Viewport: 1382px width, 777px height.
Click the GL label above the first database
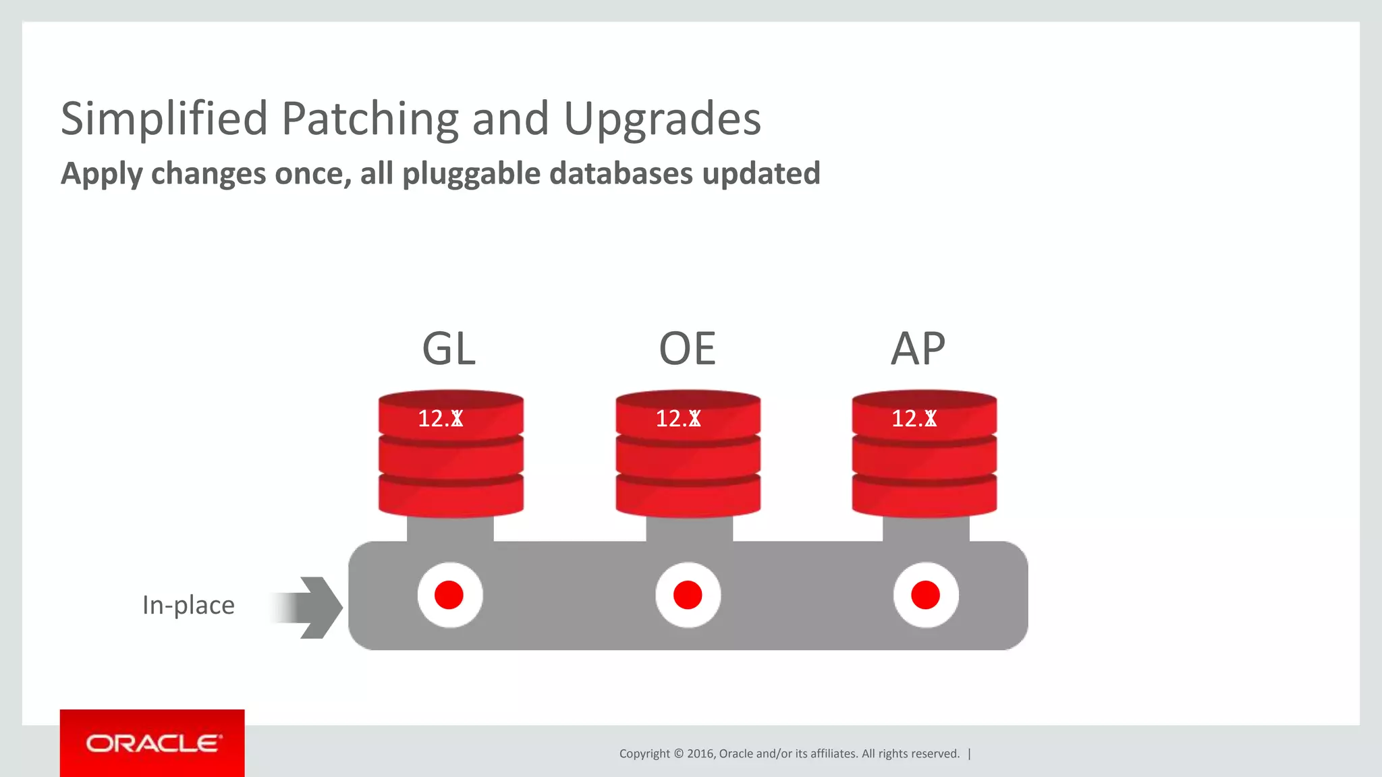(x=449, y=349)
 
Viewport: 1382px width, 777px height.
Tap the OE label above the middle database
(x=687, y=349)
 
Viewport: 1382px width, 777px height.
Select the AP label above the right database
(x=918, y=349)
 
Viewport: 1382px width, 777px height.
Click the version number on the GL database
(x=440, y=419)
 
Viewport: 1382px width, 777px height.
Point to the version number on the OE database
(x=678, y=419)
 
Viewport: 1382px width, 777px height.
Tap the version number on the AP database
(x=914, y=419)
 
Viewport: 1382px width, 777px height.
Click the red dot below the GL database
(x=449, y=595)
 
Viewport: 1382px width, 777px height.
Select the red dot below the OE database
(x=688, y=595)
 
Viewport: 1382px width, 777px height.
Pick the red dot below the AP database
(x=925, y=595)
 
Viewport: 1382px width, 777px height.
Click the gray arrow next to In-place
(x=310, y=607)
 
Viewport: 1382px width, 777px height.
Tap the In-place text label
(x=188, y=605)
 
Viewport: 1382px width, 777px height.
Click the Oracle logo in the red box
(x=153, y=743)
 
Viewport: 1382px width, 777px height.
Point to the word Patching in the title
(x=369, y=119)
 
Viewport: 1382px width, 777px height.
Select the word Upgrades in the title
(x=662, y=119)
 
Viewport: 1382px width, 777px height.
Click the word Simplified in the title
(x=164, y=119)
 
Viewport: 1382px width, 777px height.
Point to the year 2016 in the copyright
(x=700, y=753)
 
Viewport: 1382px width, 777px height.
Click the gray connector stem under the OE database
(x=689, y=529)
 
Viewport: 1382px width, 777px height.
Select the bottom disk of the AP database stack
(x=924, y=497)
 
